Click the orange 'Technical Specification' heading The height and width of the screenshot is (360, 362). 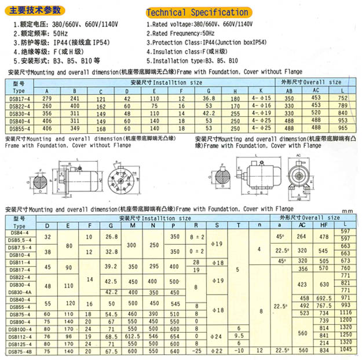(198, 12)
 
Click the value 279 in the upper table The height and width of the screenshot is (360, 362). (47, 99)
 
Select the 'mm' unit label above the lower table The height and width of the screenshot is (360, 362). (347, 212)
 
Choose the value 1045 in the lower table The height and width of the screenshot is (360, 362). (345, 351)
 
